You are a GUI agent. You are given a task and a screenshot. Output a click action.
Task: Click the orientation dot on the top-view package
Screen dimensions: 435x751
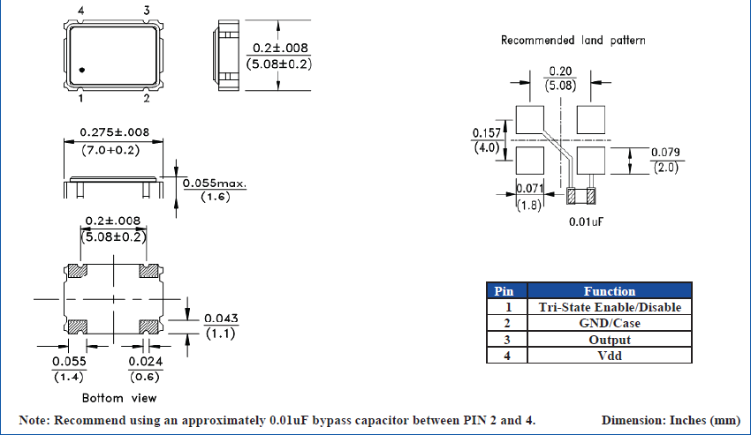[81, 70]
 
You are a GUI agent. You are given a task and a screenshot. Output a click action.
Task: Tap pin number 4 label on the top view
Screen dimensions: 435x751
[81, 10]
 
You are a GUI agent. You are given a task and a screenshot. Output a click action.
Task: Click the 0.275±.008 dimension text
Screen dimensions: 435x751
[115, 132]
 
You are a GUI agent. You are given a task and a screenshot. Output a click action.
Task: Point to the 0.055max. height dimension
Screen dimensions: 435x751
[215, 184]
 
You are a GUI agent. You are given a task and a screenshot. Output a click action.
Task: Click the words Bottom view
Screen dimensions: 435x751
[115, 398]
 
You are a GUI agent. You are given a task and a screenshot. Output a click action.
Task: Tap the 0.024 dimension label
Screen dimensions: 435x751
[145, 362]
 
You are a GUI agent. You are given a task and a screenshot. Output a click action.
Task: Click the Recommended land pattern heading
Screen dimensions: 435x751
[573, 40]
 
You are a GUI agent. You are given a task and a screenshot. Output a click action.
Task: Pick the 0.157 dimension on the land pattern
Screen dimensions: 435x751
[487, 132]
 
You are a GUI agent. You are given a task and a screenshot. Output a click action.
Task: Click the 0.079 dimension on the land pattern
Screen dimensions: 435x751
[665, 153]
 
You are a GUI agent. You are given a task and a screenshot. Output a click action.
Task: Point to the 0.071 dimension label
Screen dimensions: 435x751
[528, 189]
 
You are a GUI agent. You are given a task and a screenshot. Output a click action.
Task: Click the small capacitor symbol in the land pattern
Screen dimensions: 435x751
[581, 195]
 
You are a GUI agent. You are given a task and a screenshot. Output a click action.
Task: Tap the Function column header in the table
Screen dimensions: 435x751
[609, 291]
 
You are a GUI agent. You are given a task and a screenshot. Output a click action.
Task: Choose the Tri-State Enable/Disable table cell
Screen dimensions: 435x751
[609, 307]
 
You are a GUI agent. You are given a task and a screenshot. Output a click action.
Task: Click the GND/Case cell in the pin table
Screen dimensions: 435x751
[609, 323]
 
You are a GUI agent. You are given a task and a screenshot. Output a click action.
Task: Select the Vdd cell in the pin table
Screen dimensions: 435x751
[609, 355]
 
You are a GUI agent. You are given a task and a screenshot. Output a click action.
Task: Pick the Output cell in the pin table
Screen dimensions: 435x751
[609, 339]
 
